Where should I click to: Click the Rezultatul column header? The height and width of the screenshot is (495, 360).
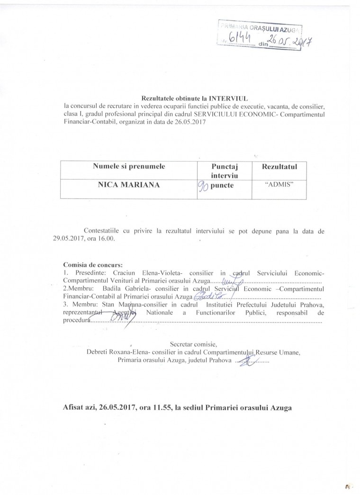click(x=279, y=166)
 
